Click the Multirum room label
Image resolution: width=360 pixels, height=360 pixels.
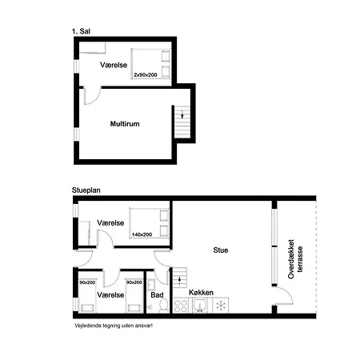125,124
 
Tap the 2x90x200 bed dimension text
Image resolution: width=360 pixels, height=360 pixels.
146,75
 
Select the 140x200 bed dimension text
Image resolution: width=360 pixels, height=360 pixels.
142,234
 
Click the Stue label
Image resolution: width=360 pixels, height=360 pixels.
221,250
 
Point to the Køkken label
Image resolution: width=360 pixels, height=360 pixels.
201,293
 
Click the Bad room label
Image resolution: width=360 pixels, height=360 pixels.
157,295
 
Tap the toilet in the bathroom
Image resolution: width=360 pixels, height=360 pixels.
164,305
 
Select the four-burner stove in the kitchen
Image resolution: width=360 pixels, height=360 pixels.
181,306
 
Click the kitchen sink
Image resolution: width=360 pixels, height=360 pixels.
200,306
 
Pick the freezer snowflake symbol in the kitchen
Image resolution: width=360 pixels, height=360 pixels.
221,306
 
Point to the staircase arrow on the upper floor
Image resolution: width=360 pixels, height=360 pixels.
182,114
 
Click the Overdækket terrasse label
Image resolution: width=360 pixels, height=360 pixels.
295,259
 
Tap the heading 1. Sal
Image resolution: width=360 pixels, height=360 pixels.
81,31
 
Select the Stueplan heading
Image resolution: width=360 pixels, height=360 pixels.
86,190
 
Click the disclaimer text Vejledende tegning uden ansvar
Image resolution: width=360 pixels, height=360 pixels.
114,326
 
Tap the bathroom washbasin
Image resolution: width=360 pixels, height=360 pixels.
151,285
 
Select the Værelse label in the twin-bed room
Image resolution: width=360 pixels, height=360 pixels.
110,295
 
